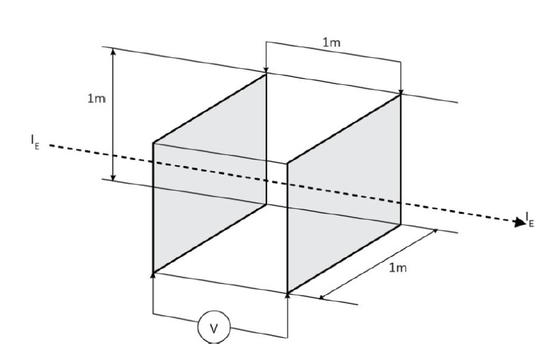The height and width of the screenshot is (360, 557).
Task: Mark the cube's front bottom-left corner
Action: pos(154,274)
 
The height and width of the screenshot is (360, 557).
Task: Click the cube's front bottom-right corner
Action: pos(288,293)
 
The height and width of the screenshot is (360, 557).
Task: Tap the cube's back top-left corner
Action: pos(266,73)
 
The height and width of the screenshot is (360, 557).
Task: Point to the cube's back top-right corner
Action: pos(401,94)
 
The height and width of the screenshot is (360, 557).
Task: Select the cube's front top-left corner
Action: pos(154,142)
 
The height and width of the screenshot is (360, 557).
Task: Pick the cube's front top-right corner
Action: pos(288,162)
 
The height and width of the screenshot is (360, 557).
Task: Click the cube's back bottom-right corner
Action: pos(401,224)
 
